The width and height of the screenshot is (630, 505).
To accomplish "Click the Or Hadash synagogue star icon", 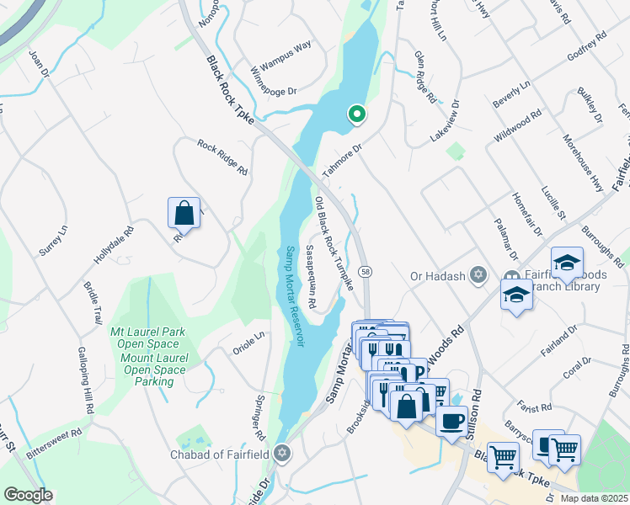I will click(478, 275).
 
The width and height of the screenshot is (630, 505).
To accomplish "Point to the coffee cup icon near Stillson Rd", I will click(451, 420).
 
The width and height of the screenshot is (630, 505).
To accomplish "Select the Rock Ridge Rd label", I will click(222, 157).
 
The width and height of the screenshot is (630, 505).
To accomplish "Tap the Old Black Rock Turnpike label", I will click(333, 245).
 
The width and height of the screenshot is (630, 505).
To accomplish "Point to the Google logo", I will click(28, 494).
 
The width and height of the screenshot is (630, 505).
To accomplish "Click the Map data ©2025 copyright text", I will click(594, 498).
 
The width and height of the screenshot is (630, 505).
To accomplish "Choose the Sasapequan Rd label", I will click(310, 278).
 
